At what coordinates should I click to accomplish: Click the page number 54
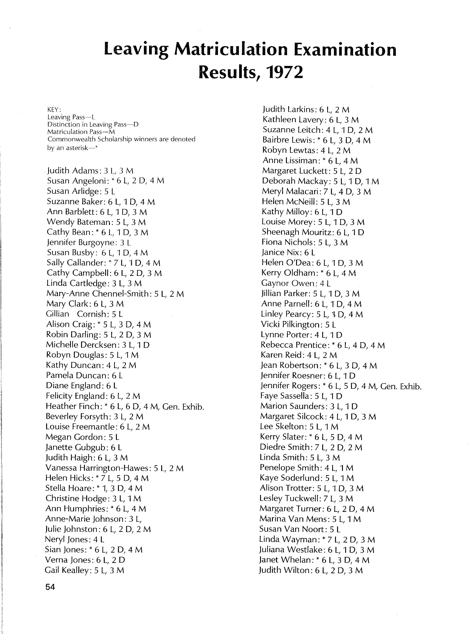click(x=50, y=587)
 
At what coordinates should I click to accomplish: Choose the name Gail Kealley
click(x=67, y=570)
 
